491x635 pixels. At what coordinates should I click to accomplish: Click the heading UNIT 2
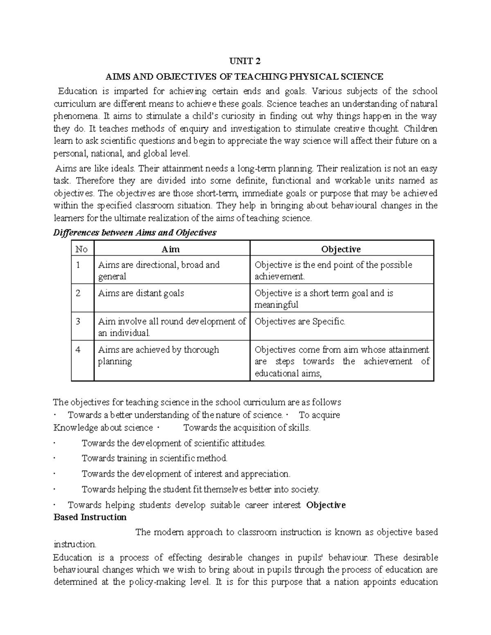[x=245, y=61]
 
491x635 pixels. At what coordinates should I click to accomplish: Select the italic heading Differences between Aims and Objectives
[x=135, y=233]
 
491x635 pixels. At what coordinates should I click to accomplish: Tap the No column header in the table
[x=82, y=249]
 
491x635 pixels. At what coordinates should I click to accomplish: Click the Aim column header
[x=171, y=249]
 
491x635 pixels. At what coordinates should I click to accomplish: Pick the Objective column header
[x=341, y=249]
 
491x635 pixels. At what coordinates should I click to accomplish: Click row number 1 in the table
[x=78, y=265]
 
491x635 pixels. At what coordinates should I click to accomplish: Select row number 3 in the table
[x=79, y=321]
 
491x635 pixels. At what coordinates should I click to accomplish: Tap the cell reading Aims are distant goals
[x=141, y=293]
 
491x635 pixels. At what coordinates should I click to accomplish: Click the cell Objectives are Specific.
[x=300, y=321]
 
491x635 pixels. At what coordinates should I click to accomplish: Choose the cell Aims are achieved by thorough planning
[x=158, y=355]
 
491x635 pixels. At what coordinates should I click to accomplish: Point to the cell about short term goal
[x=323, y=298]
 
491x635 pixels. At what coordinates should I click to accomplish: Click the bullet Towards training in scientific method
[x=154, y=458]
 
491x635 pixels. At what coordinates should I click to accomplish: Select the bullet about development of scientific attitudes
[x=173, y=443]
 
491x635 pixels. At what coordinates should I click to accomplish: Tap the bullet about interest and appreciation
[x=186, y=474]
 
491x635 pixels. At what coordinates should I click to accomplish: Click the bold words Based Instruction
[x=90, y=517]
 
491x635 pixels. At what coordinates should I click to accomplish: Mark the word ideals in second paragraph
[x=122, y=168]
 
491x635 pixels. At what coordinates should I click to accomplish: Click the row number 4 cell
[x=79, y=350]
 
